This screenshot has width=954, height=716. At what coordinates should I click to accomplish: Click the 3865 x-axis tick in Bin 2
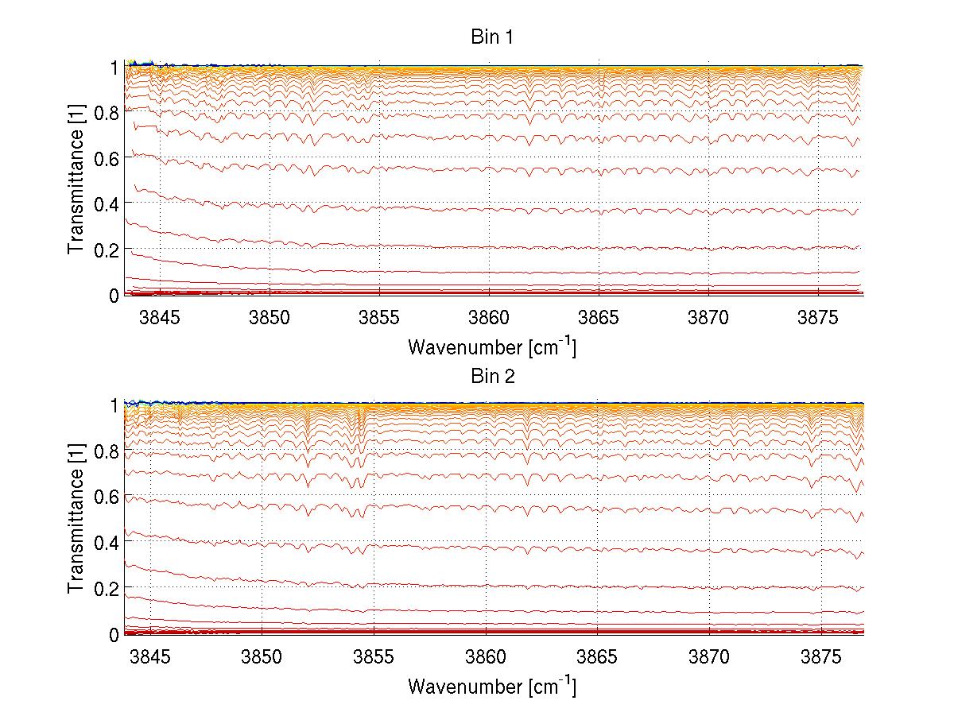[x=597, y=656]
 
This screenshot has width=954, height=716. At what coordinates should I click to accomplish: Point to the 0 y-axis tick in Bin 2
[x=114, y=634]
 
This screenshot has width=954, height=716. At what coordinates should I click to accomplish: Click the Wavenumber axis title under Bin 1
[x=491, y=347]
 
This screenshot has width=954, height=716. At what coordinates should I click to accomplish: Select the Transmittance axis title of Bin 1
[x=76, y=181]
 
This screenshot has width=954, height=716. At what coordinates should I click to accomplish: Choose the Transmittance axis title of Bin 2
[x=76, y=520]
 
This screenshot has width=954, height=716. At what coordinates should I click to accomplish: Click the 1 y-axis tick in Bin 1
[x=114, y=67]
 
